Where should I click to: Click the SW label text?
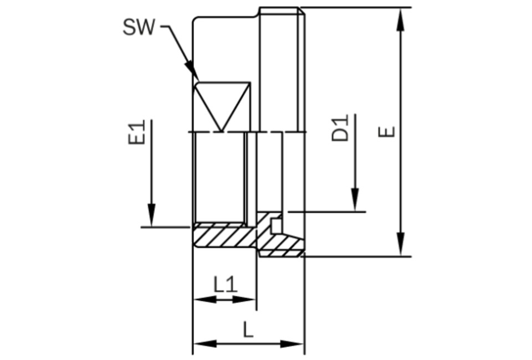coord(139,27)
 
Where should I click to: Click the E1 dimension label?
coord(136,132)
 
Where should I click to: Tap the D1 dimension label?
coord(340,128)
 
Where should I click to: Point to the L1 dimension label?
coord(226,285)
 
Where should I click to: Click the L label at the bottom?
coord(248,330)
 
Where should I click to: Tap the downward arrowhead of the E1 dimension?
coord(151,215)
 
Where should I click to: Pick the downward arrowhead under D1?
coord(355,200)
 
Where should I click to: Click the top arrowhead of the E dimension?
coord(401,19)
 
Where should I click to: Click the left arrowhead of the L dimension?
coord(204,344)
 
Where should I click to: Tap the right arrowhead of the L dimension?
coord(292,344)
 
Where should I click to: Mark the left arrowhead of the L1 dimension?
coord(204,299)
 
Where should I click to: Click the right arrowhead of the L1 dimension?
coord(244,299)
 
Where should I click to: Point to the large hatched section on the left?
coord(224,235)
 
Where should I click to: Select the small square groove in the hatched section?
coord(276,226)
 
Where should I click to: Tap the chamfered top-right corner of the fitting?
coord(301,11)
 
